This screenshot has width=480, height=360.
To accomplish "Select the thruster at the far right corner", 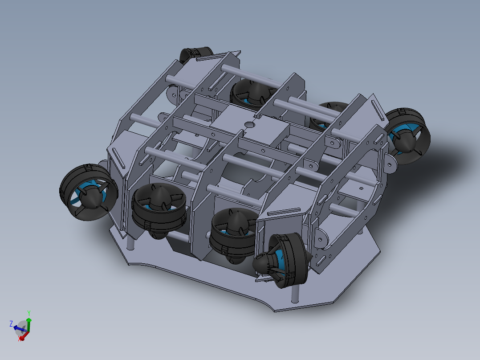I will click(408, 136).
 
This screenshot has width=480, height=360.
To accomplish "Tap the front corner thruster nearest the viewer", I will click(285, 261).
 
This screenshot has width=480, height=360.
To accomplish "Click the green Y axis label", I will click(28, 312).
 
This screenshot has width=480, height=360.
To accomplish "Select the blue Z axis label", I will click(11, 323).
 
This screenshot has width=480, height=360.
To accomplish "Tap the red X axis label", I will click(20, 339).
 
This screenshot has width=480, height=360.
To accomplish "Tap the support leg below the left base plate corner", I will click(130, 243).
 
